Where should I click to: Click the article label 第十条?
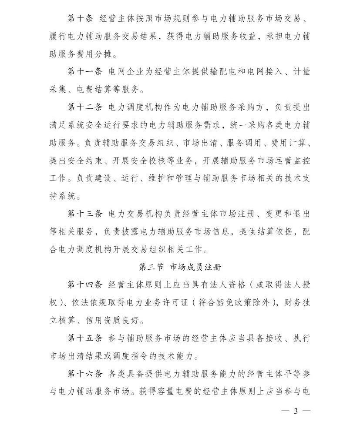coord(81,18)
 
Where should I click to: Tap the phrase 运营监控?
coord(293,160)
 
